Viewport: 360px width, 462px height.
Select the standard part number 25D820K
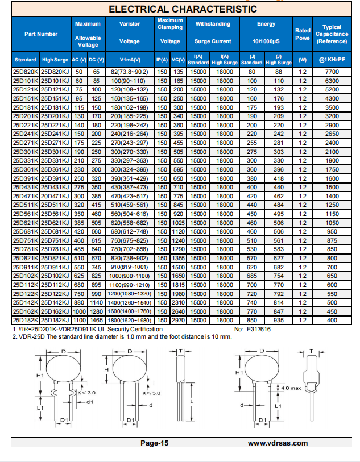26,72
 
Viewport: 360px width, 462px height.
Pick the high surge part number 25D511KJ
55,204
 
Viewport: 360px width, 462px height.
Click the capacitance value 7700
332,72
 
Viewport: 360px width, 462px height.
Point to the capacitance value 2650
332,134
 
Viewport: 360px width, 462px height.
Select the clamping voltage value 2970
178,321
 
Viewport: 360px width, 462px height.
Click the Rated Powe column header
303,34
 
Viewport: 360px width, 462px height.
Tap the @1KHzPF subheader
332,60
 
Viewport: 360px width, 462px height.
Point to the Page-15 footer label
155,443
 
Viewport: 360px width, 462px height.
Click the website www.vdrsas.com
278,443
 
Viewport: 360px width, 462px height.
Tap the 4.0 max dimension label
291,388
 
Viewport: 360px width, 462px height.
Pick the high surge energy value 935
279,321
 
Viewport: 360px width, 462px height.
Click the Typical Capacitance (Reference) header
332,34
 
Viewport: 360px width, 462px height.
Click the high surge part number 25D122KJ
55,294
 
